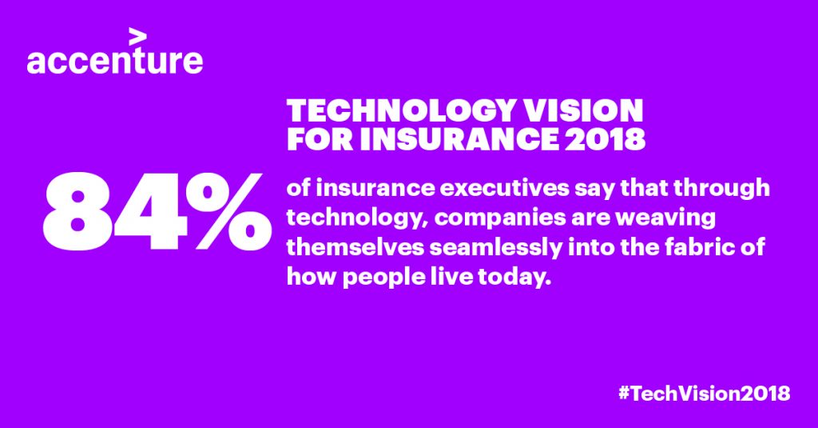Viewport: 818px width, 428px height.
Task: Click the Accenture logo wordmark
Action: (115, 60)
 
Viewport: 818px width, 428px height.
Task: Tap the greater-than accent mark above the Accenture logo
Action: (137, 37)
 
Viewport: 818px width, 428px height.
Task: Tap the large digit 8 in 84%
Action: (78, 212)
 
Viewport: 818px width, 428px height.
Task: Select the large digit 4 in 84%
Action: (151, 212)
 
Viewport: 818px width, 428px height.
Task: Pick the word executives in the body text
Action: (504, 189)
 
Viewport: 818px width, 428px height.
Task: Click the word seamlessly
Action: (495, 248)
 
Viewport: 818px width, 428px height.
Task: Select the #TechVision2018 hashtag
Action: (704, 393)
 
